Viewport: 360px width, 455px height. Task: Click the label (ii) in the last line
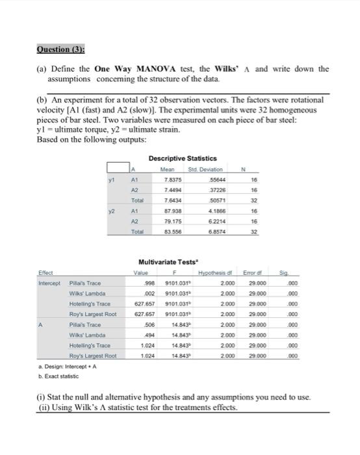tap(44, 408)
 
